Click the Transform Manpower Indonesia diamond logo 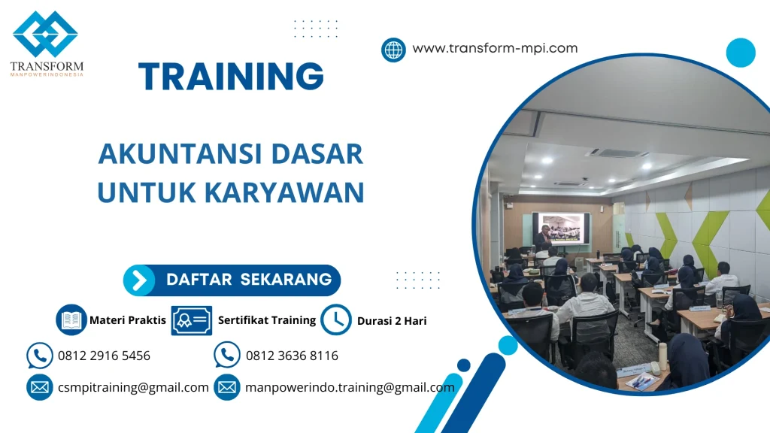tap(45, 35)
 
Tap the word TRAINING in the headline tap(232, 77)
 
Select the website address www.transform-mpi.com tap(495, 48)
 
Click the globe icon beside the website tap(393, 50)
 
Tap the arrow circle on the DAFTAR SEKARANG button tap(139, 280)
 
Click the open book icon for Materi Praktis tap(71, 319)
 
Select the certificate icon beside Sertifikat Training tap(191, 320)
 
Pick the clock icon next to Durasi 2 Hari tap(336, 319)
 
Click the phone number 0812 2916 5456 tap(104, 356)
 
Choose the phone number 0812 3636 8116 tap(292, 356)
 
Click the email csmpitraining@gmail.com tap(133, 387)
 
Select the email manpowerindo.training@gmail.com tap(350, 387)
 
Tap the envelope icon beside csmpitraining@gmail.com tap(39, 387)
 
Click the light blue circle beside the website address tap(740, 53)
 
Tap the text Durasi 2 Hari tap(392, 321)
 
